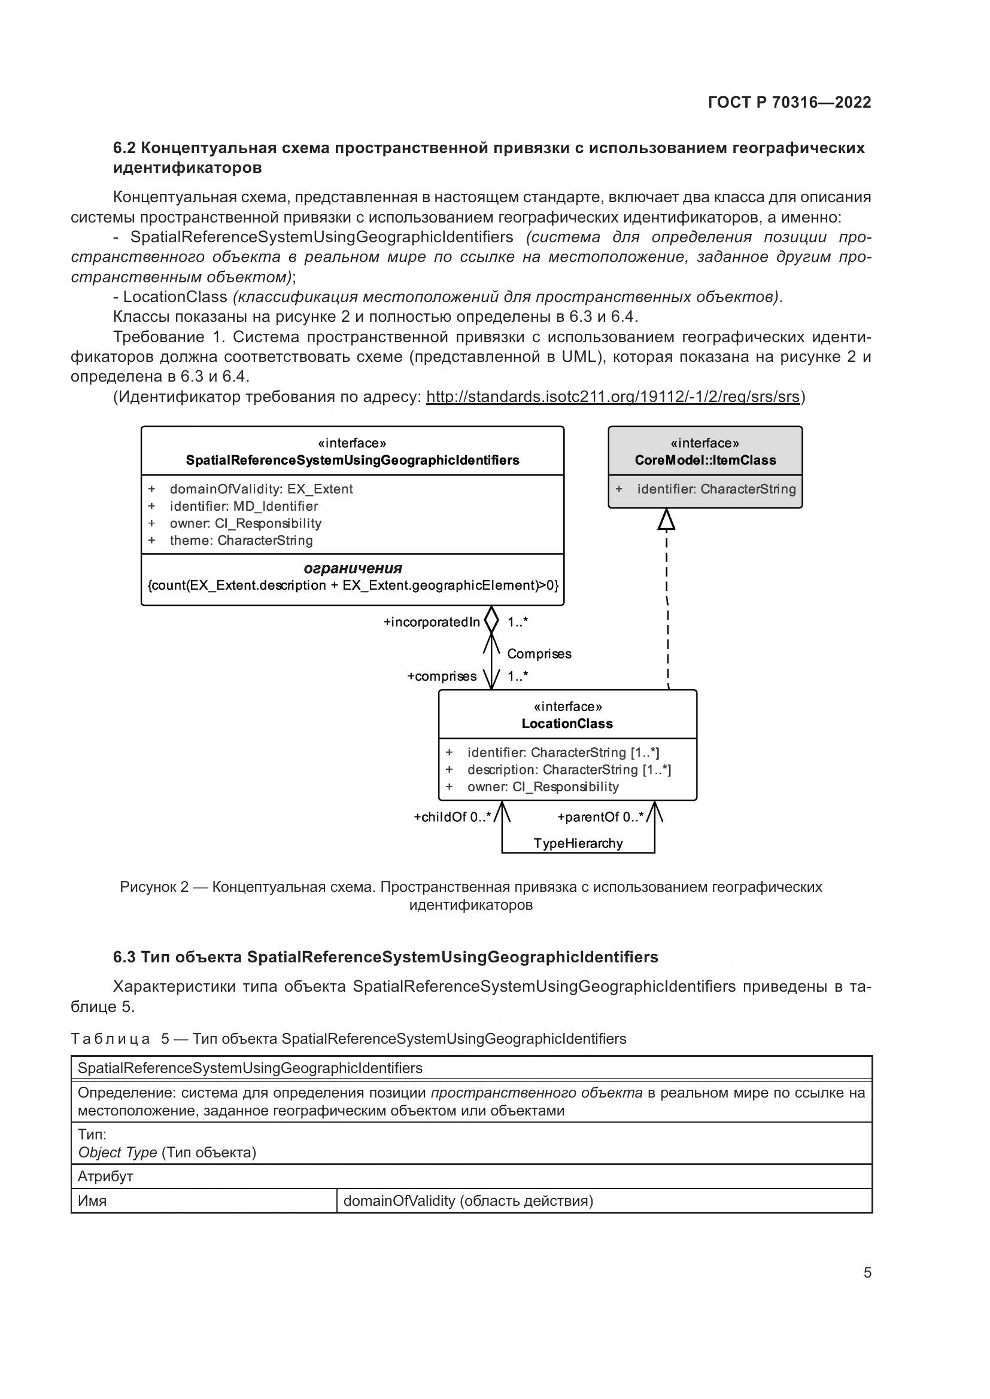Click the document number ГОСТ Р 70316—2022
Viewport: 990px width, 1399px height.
click(x=789, y=102)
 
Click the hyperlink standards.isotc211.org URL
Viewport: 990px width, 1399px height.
click(x=612, y=397)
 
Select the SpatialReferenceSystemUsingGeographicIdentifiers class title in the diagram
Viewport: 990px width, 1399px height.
click(x=353, y=460)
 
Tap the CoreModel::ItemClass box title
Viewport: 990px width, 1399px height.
click(x=705, y=460)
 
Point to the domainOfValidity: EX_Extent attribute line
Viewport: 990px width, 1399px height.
click(x=261, y=489)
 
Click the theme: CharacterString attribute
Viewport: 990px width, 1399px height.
click(x=241, y=540)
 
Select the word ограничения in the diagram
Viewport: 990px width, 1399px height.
click(x=353, y=568)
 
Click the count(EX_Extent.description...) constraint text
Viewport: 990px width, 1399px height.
click(x=353, y=585)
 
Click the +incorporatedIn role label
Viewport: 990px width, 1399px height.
click(x=432, y=622)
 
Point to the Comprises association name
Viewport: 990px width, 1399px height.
click(x=539, y=654)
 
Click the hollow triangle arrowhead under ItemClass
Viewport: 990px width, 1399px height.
click(x=666, y=520)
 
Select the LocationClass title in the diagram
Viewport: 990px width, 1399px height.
click(x=567, y=723)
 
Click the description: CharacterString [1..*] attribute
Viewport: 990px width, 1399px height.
click(x=569, y=770)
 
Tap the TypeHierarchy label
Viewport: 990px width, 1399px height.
click(x=578, y=843)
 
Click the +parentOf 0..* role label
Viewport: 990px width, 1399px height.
click(x=600, y=817)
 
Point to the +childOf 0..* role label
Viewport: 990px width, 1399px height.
click(x=453, y=817)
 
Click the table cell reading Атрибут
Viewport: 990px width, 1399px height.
click(x=105, y=1176)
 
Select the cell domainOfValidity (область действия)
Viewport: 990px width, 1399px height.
click(x=468, y=1200)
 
